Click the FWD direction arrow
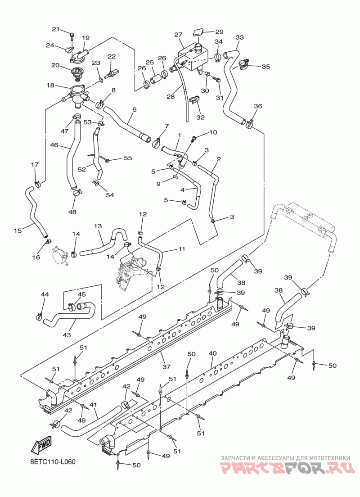coord(41,446)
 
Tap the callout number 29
coord(219,32)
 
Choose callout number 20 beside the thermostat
coord(55,65)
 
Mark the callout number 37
coord(166,366)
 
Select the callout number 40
coord(212,353)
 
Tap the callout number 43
coord(67,334)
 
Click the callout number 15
coord(18,230)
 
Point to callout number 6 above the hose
coord(135,109)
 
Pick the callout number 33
coord(239,37)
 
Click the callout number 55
coord(128,158)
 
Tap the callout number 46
coord(54,145)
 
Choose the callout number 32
coord(200,117)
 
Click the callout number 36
coord(258,106)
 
